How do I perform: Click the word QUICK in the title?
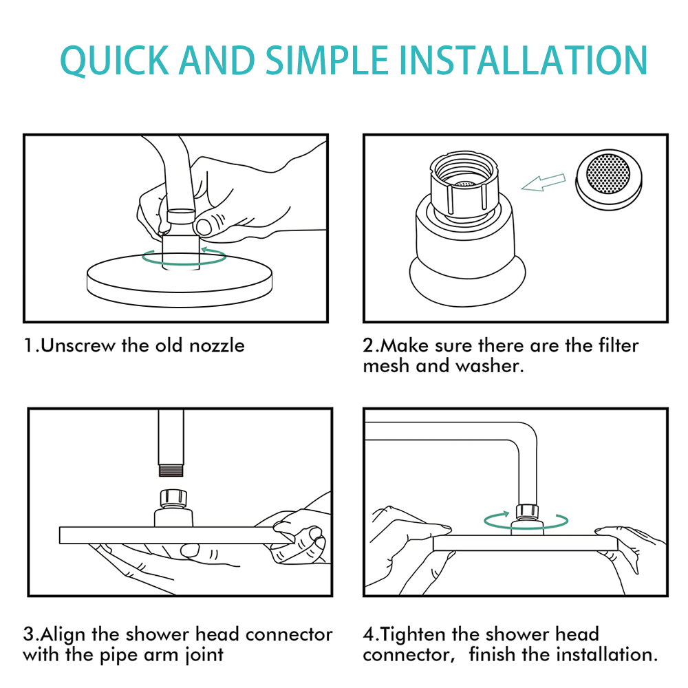pyautogui.click(x=114, y=60)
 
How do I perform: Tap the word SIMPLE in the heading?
pyautogui.click(x=327, y=60)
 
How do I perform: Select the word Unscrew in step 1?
pyautogui.click(x=78, y=345)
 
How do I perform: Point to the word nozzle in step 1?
pyautogui.click(x=217, y=345)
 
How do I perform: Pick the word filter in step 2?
pyautogui.click(x=619, y=345)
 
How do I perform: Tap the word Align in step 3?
pyautogui.click(x=63, y=634)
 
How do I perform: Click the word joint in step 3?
pyautogui.click(x=204, y=655)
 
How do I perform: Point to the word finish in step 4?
pyautogui.click(x=492, y=655)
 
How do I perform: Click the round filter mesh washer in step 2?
pyautogui.click(x=609, y=180)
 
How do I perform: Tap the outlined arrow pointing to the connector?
pyautogui.click(x=544, y=182)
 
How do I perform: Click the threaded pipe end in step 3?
pyautogui.click(x=171, y=471)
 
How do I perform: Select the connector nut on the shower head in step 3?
pyautogui.click(x=173, y=498)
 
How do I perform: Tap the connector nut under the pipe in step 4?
pyautogui.click(x=527, y=512)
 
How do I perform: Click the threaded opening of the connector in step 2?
pyautogui.click(x=464, y=173)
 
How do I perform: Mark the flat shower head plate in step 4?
pyautogui.click(x=525, y=543)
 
